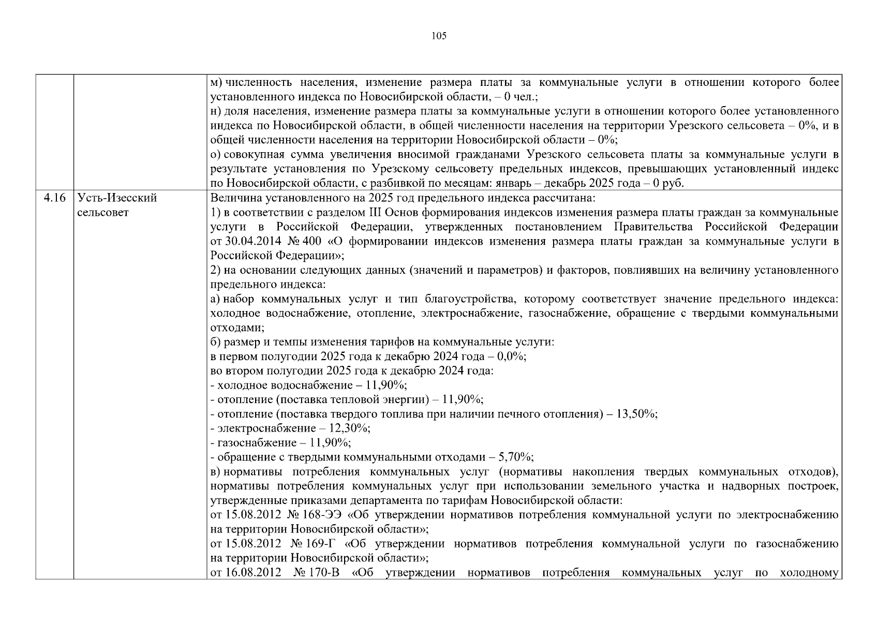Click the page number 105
pos(438,36)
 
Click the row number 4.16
pos(55,198)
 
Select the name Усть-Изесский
pos(116,198)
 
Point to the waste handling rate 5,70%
pos(516,457)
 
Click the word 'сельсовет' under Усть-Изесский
pos(102,212)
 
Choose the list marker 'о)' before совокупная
pos(216,154)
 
